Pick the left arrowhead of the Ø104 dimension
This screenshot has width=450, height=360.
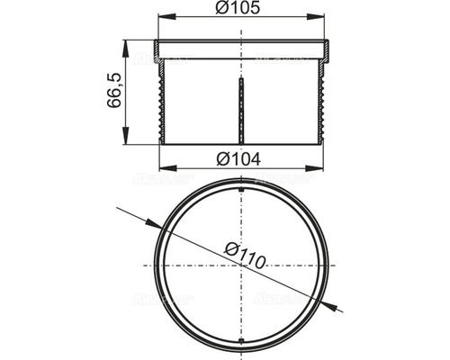point(164,168)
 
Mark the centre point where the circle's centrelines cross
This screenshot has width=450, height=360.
point(241,268)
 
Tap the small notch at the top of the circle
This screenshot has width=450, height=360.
point(241,189)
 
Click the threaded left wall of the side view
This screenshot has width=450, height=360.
point(160,99)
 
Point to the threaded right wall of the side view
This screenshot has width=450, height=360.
point(323,99)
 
